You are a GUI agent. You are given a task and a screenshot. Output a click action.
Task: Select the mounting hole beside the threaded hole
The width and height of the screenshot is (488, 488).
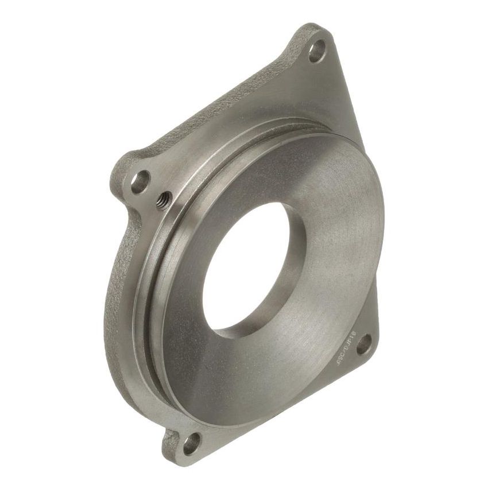coord(141,182)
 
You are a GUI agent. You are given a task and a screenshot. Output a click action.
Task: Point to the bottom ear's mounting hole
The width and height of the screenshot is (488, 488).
coord(191,443)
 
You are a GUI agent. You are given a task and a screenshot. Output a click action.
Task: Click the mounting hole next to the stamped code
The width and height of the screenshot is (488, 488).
coord(363,346)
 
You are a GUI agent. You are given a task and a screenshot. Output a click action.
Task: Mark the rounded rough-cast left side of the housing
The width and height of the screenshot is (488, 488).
coord(115,299)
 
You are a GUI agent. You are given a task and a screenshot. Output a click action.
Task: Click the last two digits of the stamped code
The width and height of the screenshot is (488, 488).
coord(351,335)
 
